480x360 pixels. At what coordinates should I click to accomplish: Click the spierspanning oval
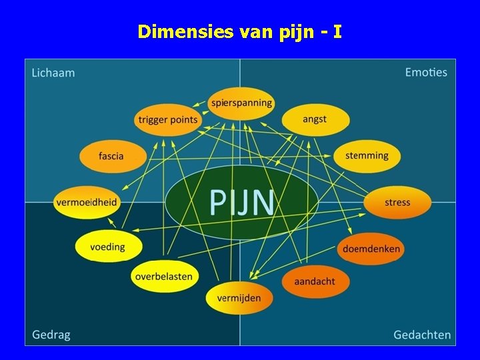241,103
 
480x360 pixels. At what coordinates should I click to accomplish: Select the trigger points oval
168,120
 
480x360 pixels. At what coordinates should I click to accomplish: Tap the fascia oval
111,157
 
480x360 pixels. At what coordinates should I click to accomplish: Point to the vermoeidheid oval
87,202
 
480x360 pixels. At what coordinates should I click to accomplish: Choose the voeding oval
108,247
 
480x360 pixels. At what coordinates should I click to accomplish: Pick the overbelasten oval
163,276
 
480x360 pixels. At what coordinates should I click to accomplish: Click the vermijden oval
239,298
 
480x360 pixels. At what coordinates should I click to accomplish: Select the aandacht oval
315,281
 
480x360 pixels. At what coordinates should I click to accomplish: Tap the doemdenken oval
371,249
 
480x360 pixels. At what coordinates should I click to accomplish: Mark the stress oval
397,202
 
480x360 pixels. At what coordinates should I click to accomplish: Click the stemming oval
367,156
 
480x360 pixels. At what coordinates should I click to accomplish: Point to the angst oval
315,120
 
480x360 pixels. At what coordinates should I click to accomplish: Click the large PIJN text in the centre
241,202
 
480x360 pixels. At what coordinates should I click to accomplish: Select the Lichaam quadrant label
53,73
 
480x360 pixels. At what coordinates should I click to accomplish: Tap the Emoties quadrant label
426,72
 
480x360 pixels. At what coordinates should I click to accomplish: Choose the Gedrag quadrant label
51,335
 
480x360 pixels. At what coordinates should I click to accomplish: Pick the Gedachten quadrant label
422,335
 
